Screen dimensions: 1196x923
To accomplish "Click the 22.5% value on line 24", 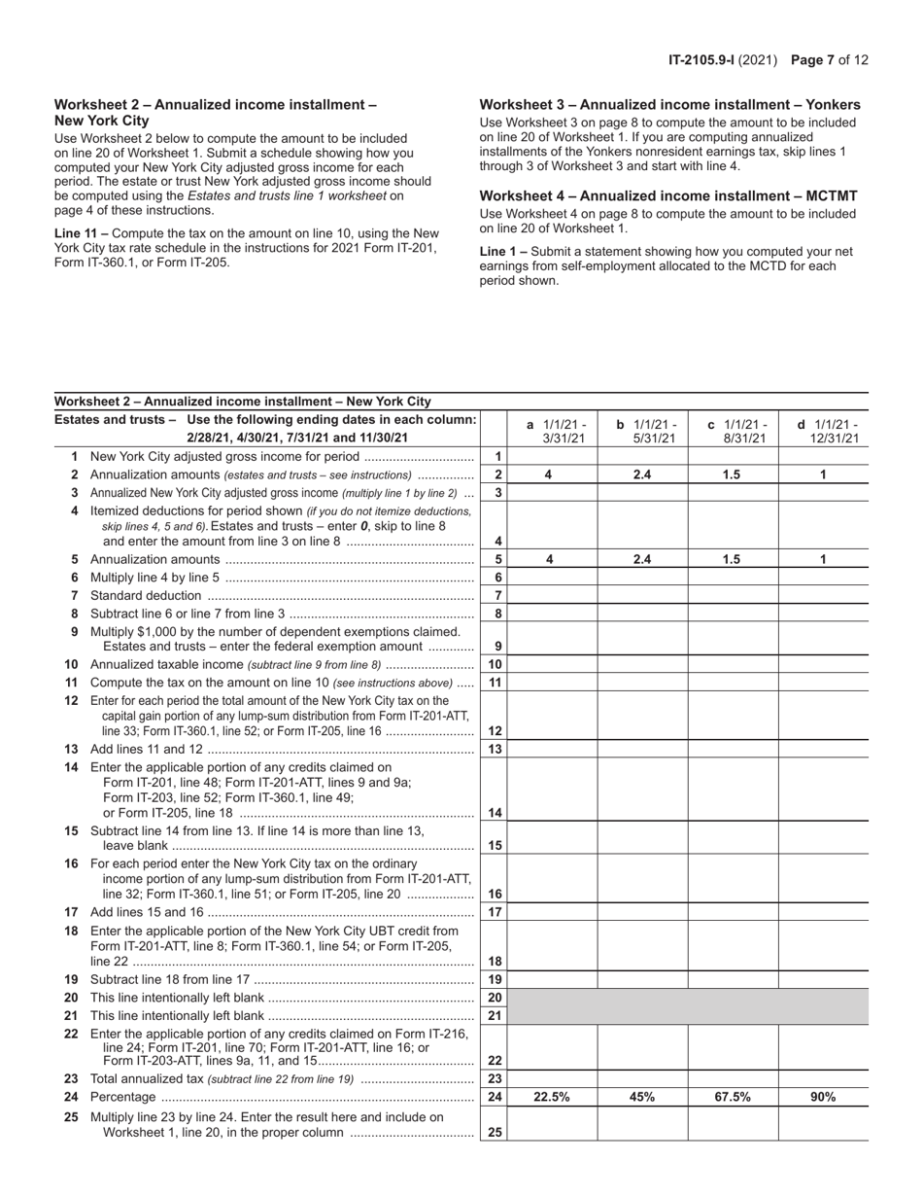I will click(x=551, y=1097).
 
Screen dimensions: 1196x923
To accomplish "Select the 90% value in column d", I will click(x=823, y=1097).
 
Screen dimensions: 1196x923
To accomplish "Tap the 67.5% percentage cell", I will click(x=733, y=1097).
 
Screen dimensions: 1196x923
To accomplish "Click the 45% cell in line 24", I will click(x=642, y=1097).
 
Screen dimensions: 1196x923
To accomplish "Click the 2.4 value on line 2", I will click(x=642, y=475).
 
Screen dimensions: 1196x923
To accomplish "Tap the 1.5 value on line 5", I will click(x=733, y=559).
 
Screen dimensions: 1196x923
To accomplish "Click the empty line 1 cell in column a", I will click(x=552, y=456).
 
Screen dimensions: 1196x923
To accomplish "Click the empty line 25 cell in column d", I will click(x=823, y=1124).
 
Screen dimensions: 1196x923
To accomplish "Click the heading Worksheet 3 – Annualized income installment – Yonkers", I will click(x=669, y=105).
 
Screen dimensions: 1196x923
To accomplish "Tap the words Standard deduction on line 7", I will click(x=145, y=595).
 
